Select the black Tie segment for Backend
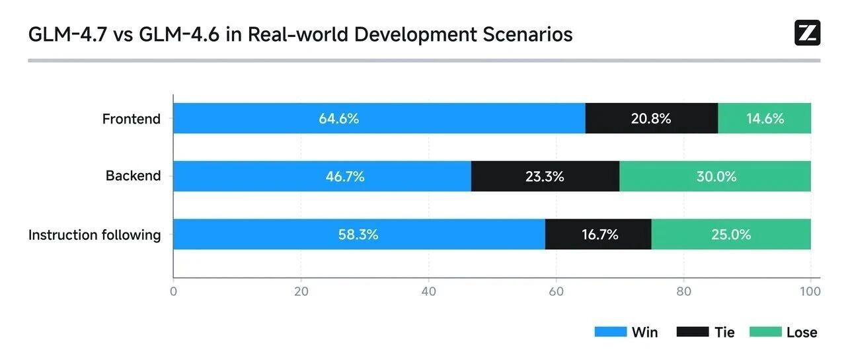[545, 176]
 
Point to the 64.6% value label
[339, 119]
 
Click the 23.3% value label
[545, 176]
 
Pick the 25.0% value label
[732, 234]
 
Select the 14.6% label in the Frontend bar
[765, 119]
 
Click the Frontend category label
[132, 119]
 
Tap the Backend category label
[133, 176]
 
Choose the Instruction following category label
[95, 234]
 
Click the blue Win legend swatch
[610, 332]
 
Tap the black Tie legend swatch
[693, 332]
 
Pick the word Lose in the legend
[802, 332]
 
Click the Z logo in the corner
[807, 33]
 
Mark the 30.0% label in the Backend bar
[716, 176]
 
